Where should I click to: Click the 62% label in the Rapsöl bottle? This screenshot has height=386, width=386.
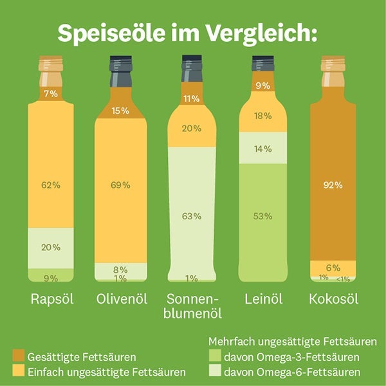tap(51, 185)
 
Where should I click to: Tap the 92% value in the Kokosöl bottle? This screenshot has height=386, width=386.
tap(333, 185)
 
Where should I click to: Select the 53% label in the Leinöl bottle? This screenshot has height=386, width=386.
tap(262, 216)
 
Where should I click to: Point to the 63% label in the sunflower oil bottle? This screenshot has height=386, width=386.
tap(192, 216)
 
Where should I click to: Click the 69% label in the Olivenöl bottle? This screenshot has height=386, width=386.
tap(121, 185)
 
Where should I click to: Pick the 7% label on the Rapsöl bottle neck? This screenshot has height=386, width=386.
tap(51, 94)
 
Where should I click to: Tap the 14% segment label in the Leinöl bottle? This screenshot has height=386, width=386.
tap(262, 149)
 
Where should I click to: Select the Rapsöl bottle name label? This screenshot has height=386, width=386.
tap(51, 299)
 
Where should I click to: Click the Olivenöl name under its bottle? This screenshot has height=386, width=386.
tap(121, 299)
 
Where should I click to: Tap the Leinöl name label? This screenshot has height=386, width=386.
tap(262, 299)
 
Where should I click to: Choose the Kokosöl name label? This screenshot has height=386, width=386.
tap(333, 299)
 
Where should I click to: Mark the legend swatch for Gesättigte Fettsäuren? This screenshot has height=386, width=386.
tap(19, 356)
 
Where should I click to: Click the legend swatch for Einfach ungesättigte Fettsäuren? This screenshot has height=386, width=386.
tap(19, 371)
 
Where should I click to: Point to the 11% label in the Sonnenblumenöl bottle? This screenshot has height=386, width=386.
tap(192, 99)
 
